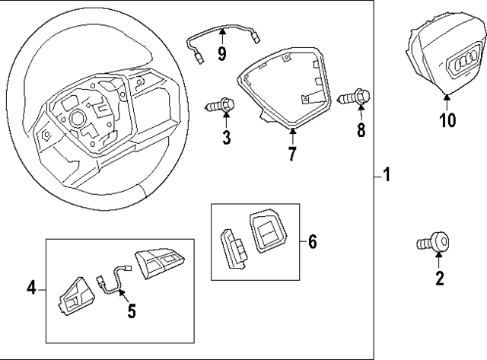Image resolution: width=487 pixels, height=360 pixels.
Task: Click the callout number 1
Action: [387, 177]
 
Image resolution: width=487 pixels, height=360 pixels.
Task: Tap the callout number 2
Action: [439, 279]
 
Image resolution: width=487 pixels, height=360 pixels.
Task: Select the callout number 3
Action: [226, 137]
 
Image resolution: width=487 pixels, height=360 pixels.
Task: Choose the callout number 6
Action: [312, 242]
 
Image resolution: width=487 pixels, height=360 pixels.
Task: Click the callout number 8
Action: [362, 129]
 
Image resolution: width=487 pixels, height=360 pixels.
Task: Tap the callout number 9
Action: [221, 53]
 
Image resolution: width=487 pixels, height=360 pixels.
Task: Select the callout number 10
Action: [447, 120]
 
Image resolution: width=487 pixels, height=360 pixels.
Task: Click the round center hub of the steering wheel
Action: [76, 119]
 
